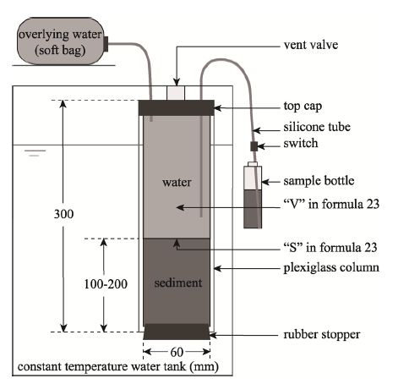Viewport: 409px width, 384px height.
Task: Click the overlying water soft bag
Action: (61, 41)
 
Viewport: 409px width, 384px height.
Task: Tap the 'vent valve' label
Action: (311, 45)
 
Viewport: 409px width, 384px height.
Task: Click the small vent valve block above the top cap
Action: (176, 93)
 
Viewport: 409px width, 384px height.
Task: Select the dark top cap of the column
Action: (177, 107)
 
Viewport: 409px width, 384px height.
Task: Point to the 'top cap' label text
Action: (303, 107)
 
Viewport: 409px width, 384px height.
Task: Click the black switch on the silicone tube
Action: (254, 146)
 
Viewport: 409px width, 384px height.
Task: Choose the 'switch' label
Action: (301, 143)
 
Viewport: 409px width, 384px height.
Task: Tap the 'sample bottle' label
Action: (319, 181)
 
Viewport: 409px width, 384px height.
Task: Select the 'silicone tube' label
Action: (317, 127)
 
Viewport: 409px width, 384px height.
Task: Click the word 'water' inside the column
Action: (177, 182)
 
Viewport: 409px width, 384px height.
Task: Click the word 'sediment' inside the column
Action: (178, 283)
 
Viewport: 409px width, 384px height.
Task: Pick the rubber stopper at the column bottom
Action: (177, 332)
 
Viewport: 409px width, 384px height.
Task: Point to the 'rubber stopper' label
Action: (322, 335)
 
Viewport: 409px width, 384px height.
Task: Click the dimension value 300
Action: (63, 214)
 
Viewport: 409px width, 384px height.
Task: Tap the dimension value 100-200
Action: (106, 284)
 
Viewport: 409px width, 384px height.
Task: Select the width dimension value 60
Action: (177, 352)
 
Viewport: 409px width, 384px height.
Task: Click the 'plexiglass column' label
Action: (331, 268)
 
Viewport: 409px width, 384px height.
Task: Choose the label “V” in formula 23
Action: (331, 204)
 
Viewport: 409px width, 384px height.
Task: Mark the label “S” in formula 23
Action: (330, 248)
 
